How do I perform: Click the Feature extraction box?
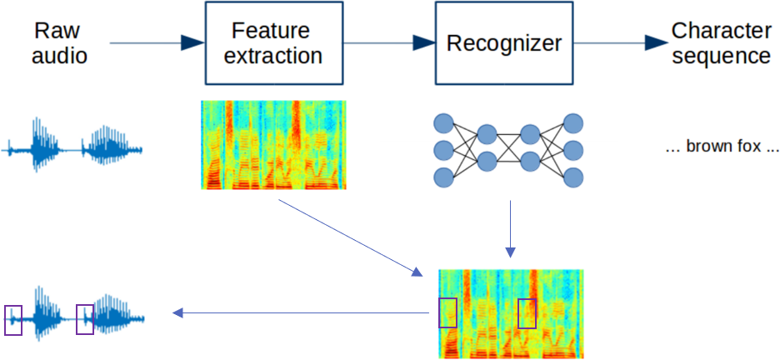click(273, 42)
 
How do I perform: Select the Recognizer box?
click(504, 42)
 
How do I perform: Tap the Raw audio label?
click(59, 43)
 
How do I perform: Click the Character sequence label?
click(721, 43)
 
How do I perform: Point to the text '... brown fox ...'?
click(722, 147)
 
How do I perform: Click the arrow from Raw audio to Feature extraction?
click(157, 42)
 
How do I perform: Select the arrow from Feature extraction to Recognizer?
click(389, 42)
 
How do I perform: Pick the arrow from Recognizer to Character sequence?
click(621, 42)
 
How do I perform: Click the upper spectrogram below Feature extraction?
click(273, 145)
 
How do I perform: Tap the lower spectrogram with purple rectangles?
click(511, 314)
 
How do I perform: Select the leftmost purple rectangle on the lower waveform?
click(13, 320)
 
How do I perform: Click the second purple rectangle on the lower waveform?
click(84, 320)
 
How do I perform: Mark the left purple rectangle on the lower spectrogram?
click(447, 312)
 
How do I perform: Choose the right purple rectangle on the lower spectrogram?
click(527, 314)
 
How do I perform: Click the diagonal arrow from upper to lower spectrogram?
click(350, 237)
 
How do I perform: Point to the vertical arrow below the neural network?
click(510, 229)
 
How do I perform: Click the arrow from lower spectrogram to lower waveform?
click(301, 312)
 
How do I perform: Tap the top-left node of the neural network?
click(443, 123)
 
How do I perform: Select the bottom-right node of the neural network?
click(573, 177)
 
